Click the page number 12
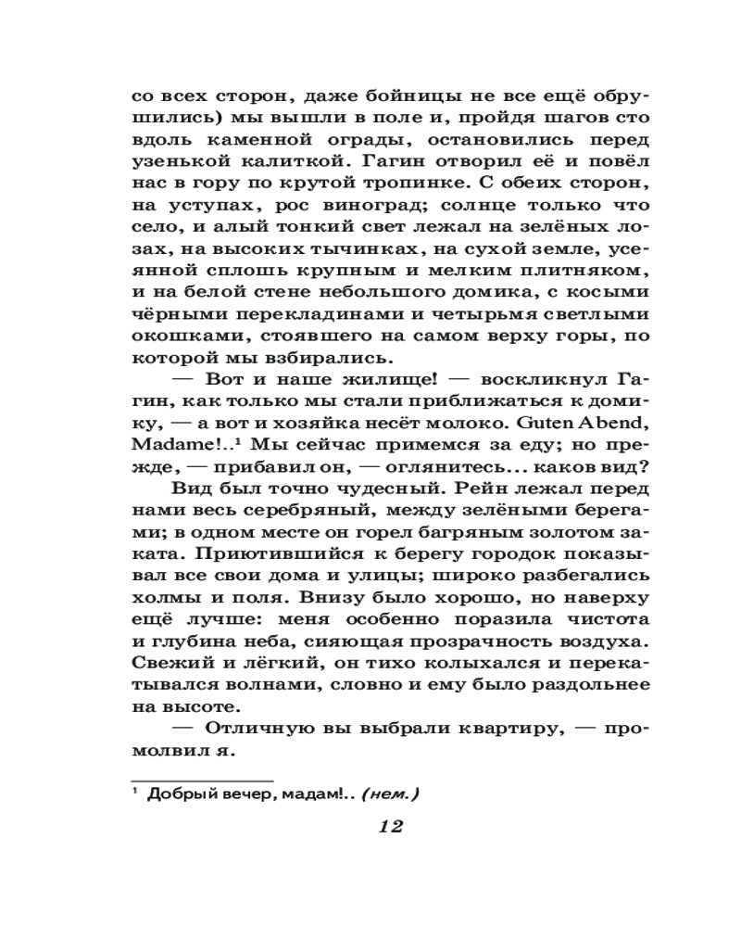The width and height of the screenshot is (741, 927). (x=390, y=827)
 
